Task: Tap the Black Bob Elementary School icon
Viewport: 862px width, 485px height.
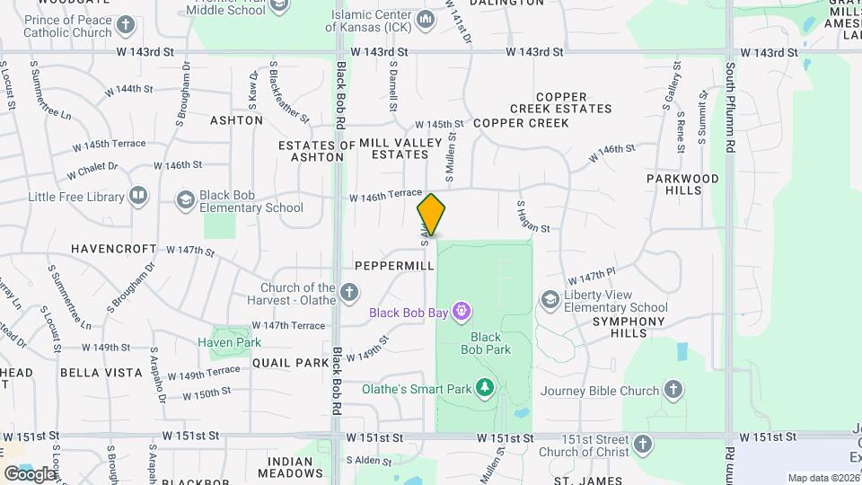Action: pos(186,199)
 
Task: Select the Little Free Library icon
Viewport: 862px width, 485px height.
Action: pos(138,195)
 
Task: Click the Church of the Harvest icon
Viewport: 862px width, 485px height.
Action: pos(349,292)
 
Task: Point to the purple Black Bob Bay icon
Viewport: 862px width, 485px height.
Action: pos(462,312)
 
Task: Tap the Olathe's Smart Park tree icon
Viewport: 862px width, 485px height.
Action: pos(485,388)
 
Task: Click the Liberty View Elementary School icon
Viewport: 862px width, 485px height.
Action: pos(550,299)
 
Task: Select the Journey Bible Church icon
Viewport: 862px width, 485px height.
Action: pos(674,390)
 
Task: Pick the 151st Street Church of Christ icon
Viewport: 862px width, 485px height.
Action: pos(642,444)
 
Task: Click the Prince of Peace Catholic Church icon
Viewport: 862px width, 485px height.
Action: pos(126,24)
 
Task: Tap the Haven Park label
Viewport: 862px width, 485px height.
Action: pos(230,342)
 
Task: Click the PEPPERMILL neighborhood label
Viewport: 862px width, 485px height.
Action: pos(394,267)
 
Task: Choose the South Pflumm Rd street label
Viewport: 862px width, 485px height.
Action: pos(732,108)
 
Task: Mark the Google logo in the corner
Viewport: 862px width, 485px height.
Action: pos(30,473)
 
